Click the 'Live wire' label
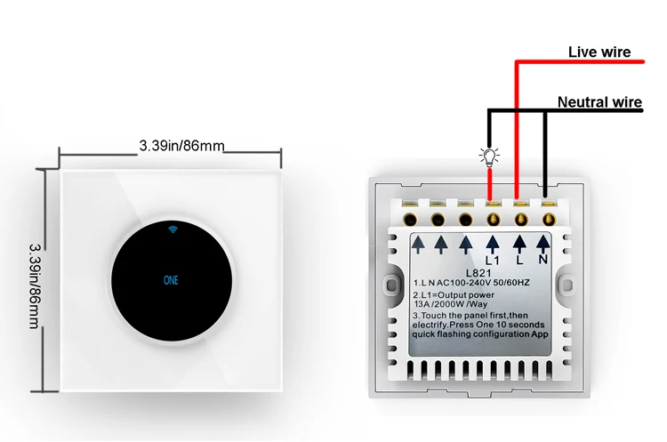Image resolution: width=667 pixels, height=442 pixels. (599, 52)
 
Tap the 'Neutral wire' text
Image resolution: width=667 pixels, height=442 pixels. (599, 102)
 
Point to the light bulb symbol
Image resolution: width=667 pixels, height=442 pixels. (488, 157)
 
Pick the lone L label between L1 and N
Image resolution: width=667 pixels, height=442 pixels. (518, 260)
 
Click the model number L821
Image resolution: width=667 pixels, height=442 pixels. (478, 274)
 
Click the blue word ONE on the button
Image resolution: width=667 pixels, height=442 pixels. (171, 279)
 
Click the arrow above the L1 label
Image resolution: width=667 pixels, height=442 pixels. (493, 241)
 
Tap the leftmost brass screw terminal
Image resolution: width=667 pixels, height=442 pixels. (412, 216)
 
